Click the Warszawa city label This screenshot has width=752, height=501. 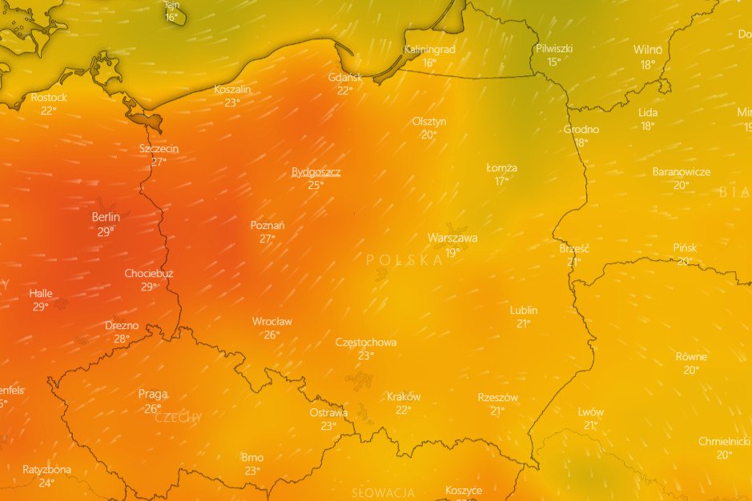452,238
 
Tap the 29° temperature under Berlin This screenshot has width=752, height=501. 106,231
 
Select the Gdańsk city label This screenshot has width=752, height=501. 345,78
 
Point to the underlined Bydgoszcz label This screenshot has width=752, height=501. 316,172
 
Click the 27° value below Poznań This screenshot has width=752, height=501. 267,238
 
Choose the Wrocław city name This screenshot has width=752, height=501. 272,322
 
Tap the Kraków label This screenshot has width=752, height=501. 404,397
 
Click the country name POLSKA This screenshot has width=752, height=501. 404,260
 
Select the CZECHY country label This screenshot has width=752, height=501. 179,418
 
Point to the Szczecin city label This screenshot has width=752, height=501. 159,149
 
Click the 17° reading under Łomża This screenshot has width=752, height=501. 501,181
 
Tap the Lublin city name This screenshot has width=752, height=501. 524,311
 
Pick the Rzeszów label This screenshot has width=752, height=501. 498,398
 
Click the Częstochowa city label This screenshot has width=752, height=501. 366,343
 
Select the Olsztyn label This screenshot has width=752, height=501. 429,122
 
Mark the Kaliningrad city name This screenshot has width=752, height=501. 429,50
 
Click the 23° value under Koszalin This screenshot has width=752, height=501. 232,102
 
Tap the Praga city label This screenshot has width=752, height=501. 153,394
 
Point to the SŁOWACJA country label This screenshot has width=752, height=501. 384,492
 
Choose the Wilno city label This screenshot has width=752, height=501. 648,50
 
